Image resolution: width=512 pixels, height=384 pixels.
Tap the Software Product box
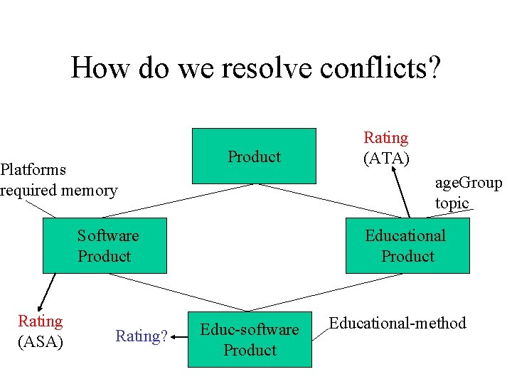pyautogui.click(x=105, y=245)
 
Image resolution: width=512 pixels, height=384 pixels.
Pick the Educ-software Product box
pyautogui.click(x=250, y=339)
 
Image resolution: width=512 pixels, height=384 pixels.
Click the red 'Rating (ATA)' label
pyautogui.click(x=386, y=148)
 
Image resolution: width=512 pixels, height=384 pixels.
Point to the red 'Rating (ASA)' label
pyautogui.click(x=41, y=332)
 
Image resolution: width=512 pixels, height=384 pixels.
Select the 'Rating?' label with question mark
pyautogui.click(x=142, y=336)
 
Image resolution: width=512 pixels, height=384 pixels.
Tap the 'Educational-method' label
pyautogui.click(x=398, y=324)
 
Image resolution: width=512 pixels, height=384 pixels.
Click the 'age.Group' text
pyautogui.click(x=469, y=183)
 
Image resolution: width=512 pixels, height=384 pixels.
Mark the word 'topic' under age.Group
pyautogui.click(x=452, y=203)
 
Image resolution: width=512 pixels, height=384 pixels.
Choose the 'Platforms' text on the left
pyautogui.click(x=33, y=169)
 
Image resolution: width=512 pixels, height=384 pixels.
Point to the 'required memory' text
pyautogui.click(x=58, y=190)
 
